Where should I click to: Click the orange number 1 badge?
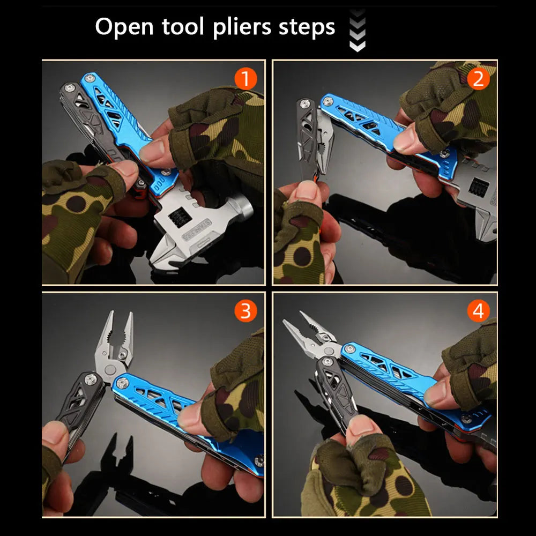coord(245,79)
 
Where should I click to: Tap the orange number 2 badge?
coord(478,79)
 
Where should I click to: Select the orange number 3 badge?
coord(245,311)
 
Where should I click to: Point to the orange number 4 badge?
coord(478,311)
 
